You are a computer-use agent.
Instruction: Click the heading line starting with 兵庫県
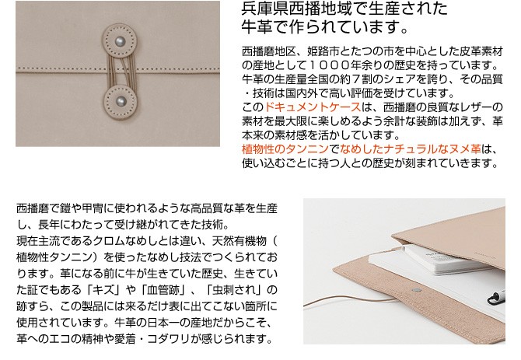point(344,11)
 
